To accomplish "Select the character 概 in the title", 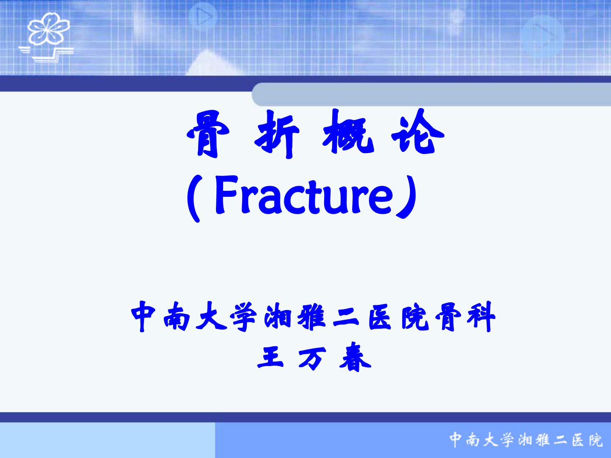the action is pyautogui.click(x=348, y=131).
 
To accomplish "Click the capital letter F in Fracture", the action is pyautogui.click(x=227, y=195).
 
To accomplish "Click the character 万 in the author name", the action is pyautogui.click(x=312, y=359).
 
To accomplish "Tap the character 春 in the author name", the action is pyautogui.click(x=355, y=357).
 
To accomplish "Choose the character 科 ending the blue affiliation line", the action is pyautogui.click(x=481, y=317).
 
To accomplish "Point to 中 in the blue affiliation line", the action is pyautogui.click(x=143, y=316).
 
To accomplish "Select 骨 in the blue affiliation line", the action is pyautogui.click(x=448, y=317).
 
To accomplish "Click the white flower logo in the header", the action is pyautogui.click(x=49, y=29).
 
